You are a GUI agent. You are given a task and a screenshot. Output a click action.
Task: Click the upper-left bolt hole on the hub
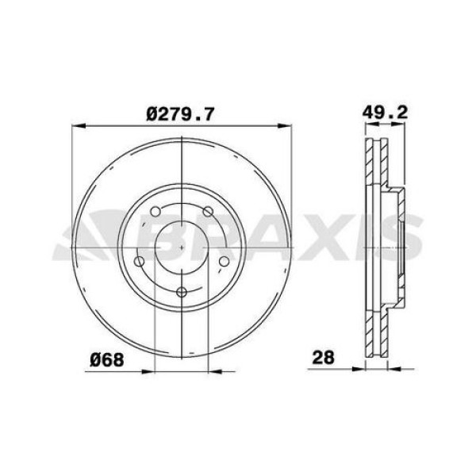point(155,212)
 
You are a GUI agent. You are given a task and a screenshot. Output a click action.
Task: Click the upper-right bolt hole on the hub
point(209,211)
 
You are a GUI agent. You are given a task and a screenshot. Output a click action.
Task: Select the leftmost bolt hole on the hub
point(139,262)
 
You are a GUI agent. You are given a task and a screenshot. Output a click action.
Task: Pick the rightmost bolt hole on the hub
point(225,262)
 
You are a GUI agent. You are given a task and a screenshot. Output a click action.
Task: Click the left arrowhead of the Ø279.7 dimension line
point(77,125)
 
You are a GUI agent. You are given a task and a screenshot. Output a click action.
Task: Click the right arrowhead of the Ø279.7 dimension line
point(287,125)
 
